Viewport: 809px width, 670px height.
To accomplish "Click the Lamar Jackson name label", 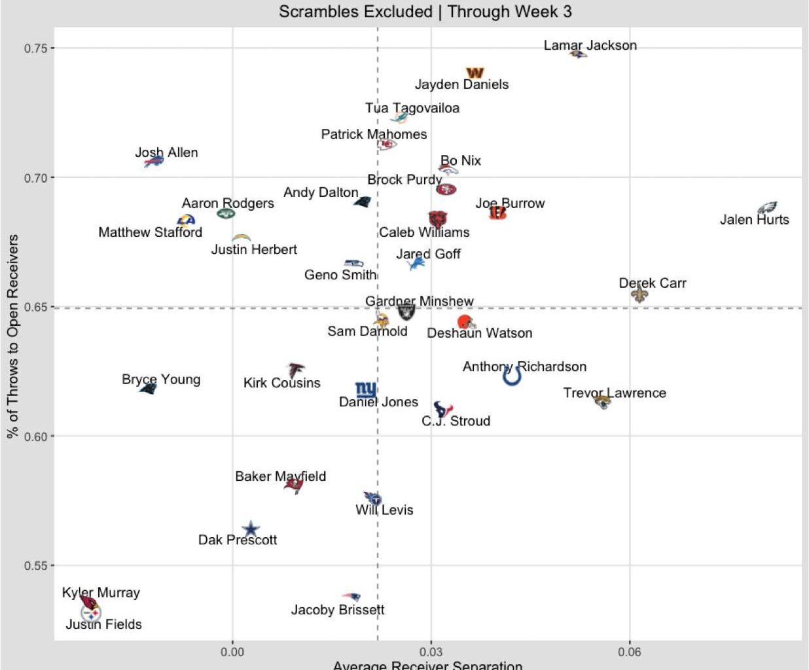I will pyautogui.click(x=590, y=45).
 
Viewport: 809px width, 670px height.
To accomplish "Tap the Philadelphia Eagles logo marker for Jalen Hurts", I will pyautogui.click(x=766, y=208).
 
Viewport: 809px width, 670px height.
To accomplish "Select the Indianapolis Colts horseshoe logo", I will pyautogui.click(x=512, y=376).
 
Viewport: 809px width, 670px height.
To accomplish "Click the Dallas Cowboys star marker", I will pyautogui.click(x=251, y=529).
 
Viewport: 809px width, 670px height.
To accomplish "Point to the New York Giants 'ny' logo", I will pyautogui.click(x=365, y=390).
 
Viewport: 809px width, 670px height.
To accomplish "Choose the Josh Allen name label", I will pyautogui.click(x=166, y=152).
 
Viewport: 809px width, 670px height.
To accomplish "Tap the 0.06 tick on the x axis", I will pyautogui.click(x=629, y=652).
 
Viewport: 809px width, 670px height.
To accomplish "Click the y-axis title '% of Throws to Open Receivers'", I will pyautogui.click(x=12, y=336).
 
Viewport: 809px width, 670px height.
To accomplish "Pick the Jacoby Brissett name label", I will pyautogui.click(x=337, y=610).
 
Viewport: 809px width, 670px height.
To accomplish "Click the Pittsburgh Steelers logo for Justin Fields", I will pyautogui.click(x=91, y=614).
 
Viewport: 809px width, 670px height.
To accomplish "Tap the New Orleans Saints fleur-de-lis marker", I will pyautogui.click(x=639, y=294).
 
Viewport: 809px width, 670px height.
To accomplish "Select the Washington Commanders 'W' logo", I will pyautogui.click(x=475, y=73).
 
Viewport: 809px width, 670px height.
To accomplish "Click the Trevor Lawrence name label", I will pyautogui.click(x=614, y=393).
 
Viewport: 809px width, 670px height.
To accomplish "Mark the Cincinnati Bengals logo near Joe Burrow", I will pyautogui.click(x=497, y=213).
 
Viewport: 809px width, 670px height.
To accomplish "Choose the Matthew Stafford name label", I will pyautogui.click(x=150, y=232).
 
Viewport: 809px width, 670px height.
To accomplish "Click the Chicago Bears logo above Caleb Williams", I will pyautogui.click(x=437, y=219).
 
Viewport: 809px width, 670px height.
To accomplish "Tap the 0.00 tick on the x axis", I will pyautogui.click(x=232, y=652).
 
